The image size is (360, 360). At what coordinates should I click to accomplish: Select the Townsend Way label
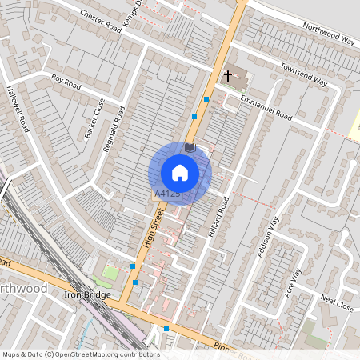pyautogui.click(x=304, y=74)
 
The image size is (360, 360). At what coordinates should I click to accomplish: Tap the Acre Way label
pyautogui.click(x=294, y=282)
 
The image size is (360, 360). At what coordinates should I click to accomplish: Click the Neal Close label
pyautogui.click(x=337, y=304)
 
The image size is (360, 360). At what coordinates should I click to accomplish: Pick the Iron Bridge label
pyautogui.click(x=86, y=295)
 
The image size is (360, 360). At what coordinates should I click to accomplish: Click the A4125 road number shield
pyautogui.click(x=166, y=194)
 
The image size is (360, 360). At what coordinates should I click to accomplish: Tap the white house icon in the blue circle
pyautogui.click(x=180, y=173)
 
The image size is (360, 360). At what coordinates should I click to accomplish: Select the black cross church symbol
pyautogui.click(x=228, y=76)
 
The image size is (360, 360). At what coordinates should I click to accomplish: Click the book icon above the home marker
pyautogui.click(x=190, y=147)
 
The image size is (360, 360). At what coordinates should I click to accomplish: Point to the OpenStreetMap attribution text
pyautogui.click(x=80, y=354)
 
